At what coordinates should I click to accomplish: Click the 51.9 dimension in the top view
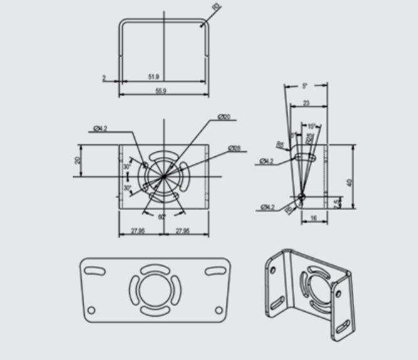pyautogui.click(x=153, y=77)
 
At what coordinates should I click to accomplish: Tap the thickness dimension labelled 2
pyautogui.click(x=104, y=78)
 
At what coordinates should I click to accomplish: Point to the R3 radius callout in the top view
pyautogui.click(x=217, y=8)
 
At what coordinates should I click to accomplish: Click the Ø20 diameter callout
pyautogui.click(x=224, y=117)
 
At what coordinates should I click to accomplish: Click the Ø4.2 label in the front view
pyautogui.click(x=100, y=129)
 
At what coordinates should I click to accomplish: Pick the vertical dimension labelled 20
pyautogui.click(x=78, y=160)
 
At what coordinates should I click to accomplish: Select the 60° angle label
pyautogui.click(x=162, y=217)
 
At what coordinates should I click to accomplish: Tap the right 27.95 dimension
pyautogui.click(x=183, y=231)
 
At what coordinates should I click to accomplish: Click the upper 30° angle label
pyautogui.click(x=127, y=167)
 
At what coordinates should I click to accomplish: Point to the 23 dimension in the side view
pyautogui.click(x=306, y=102)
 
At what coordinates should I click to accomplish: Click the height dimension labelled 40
pyautogui.click(x=350, y=183)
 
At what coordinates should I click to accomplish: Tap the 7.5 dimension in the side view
pyautogui.click(x=337, y=202)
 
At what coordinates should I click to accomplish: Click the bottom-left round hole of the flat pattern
pyautogui.click(x=91, y=310)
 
